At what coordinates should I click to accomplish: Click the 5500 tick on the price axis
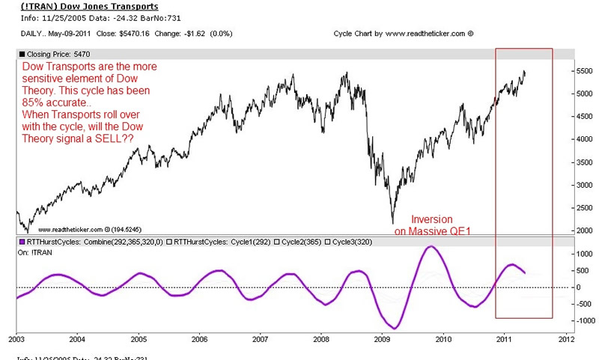[x=586, y=70]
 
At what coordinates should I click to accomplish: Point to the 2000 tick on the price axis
[x=586, y=231]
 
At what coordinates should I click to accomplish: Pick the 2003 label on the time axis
[x=16, y=339]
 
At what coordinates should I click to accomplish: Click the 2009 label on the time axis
[x=382, y=339]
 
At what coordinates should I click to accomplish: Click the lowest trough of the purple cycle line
[x=395, y=328]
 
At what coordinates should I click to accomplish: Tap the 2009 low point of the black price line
[x=392, y=222]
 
